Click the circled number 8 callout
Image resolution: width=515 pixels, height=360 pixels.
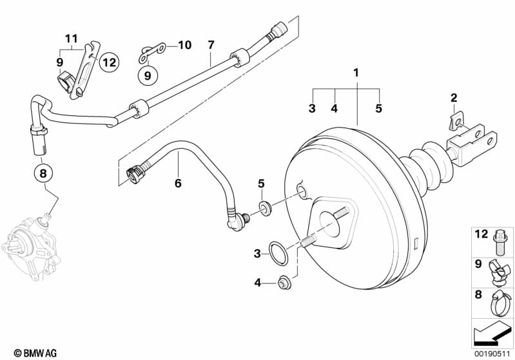tap(43, 173)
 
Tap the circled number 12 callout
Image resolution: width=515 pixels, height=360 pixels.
tap(110, 62)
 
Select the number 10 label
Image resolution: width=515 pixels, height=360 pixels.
tap(185, 45)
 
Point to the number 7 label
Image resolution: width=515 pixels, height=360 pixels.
tap(211, 44)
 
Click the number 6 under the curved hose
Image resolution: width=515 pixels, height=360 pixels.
tap(178, 183)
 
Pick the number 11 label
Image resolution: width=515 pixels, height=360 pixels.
tap(72, 39)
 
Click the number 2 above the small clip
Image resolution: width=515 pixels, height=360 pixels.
tap(454, 97)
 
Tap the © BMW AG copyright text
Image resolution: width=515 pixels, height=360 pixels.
tap(35, 353)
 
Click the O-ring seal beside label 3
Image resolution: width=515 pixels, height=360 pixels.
tap(278, 253)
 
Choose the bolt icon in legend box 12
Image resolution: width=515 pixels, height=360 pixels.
tap(500, 243)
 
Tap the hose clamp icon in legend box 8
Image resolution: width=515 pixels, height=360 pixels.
tap(501, 303)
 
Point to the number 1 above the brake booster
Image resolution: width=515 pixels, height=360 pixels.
tap(356, 73)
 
